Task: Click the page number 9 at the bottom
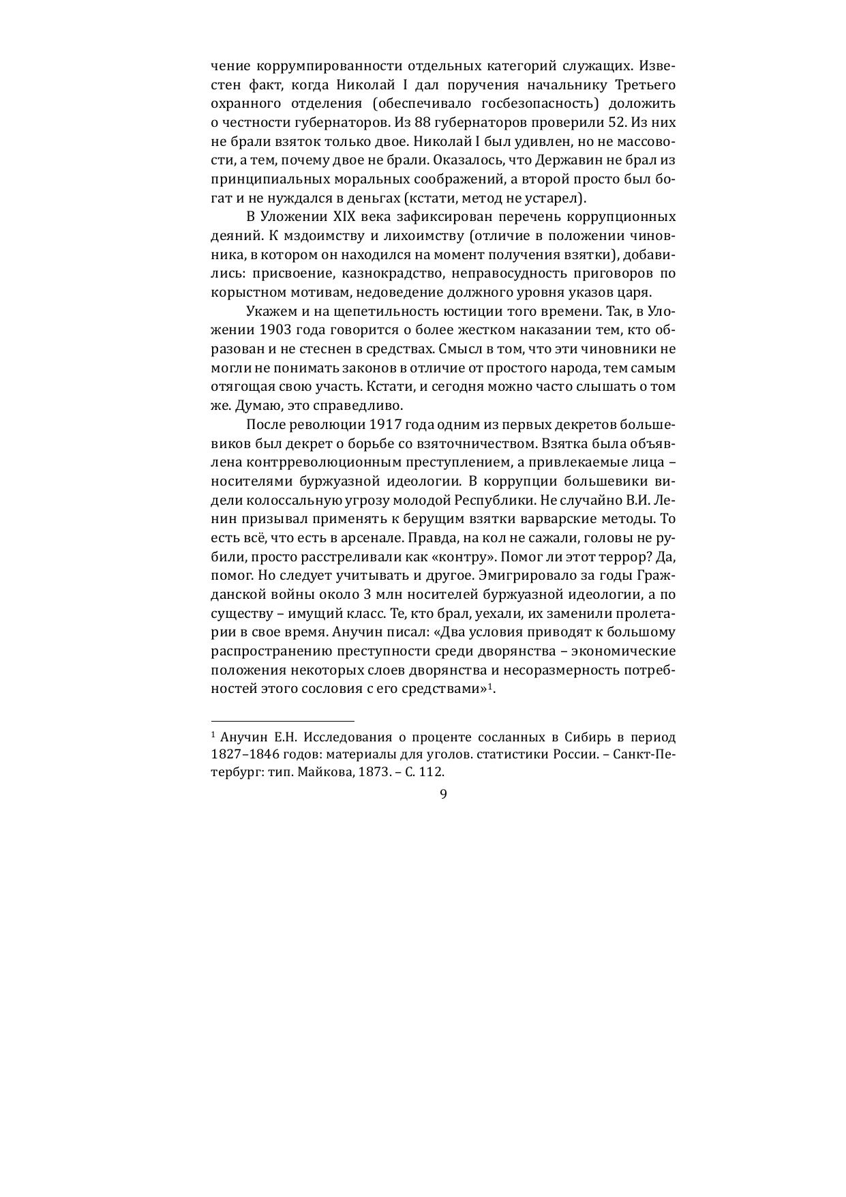(x=443, y=794)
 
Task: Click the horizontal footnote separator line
(x=282, y=721)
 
